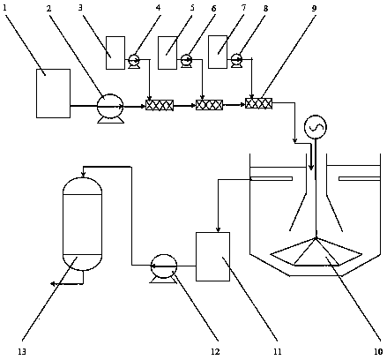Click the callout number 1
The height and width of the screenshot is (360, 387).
(4, 7)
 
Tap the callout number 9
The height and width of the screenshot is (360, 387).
(314, 8)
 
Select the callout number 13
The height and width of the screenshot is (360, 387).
(22, 351)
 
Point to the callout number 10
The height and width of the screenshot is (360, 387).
(378, 351)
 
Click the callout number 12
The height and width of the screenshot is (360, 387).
(215, 351)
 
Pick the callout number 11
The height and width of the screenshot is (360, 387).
(277, 351)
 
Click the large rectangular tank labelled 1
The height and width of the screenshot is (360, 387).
(53, 94)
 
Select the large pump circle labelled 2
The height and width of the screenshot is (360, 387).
(110, 106)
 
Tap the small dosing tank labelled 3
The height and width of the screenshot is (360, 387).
(115, 53)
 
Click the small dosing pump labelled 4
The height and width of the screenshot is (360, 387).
(134, 60)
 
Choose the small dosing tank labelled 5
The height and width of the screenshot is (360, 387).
(167, 53)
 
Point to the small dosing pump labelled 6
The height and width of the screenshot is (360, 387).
(186, 60)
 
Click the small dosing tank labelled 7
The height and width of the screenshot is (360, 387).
(218, 52)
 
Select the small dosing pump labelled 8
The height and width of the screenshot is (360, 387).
(236, 59)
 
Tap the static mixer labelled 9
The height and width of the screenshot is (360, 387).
(258, 103)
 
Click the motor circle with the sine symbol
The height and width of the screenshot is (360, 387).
(316, 127)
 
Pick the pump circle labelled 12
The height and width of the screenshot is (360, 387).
(164, 266)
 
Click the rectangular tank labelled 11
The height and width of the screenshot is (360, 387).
(213, 257)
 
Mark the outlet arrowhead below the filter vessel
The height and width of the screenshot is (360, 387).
(54, 284)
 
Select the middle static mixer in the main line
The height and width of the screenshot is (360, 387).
(209, 105)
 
